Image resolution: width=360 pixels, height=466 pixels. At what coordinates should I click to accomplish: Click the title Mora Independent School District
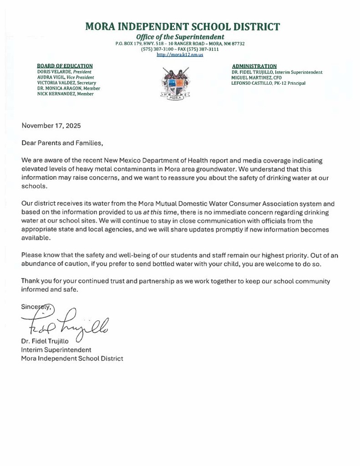(183, 26)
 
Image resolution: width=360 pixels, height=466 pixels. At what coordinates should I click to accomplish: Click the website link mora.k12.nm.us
(180, 55)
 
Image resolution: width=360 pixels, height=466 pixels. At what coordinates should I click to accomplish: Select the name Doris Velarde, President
(64, 72)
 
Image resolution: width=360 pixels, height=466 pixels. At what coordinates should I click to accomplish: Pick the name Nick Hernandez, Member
(65, 94)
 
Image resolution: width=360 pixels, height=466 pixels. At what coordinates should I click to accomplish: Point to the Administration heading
(254, 66)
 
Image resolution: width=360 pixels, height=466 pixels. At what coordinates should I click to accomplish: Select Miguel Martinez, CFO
(256, 78)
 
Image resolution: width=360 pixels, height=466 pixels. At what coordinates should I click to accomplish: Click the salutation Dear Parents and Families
(62, 143)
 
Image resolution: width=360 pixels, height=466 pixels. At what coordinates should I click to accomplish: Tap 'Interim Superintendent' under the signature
(56, 350)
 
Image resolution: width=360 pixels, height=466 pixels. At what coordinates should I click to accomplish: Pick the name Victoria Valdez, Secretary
(66, 83)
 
